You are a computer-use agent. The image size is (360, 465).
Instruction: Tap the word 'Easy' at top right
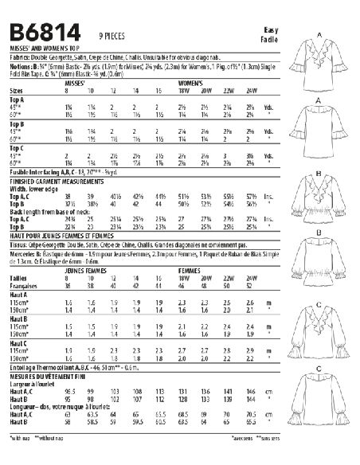tap(272, 29)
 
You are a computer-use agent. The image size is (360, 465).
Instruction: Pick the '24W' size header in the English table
tap(252, 91)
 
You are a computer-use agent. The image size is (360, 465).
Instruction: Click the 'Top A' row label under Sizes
tap(16, 100)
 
